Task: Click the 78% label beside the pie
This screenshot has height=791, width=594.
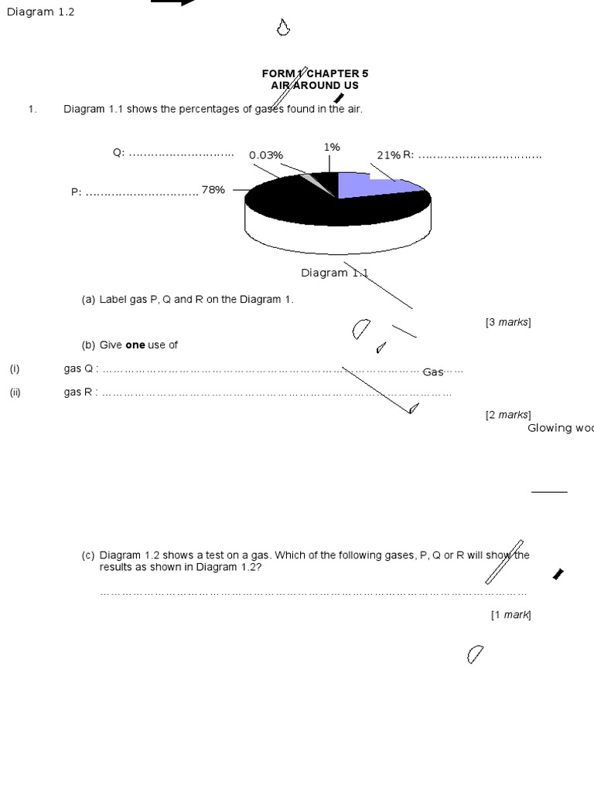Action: (x=213, y=189)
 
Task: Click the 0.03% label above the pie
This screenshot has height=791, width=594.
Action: (x=265, y=155)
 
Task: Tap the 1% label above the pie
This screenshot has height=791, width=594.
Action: (x=332, y=147)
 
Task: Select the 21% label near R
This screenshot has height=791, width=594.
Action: (x=388, y=155)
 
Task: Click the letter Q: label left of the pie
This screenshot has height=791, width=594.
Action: (x=118, y=153)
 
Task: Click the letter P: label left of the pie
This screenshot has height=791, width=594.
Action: (x=77, y=192)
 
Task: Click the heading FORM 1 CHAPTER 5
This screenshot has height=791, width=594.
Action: (x=315, y=73)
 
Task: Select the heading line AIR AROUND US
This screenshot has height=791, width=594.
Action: (x=315, y=86)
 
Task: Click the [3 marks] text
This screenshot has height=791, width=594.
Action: (x=508, y=322)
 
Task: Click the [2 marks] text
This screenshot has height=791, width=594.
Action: (x=508, y=415)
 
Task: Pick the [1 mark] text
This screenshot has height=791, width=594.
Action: (x=510, y=615)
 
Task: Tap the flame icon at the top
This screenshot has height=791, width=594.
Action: (x=283, y=28)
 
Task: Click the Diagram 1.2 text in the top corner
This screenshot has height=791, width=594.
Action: (x=41, y=12)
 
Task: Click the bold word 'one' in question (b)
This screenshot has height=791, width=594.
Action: (x=135, y=345)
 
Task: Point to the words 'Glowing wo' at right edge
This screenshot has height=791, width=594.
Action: (x=560, y=428)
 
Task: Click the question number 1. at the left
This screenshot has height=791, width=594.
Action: (x=32, y=109)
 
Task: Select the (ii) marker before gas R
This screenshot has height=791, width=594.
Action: (x=15, y=392)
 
